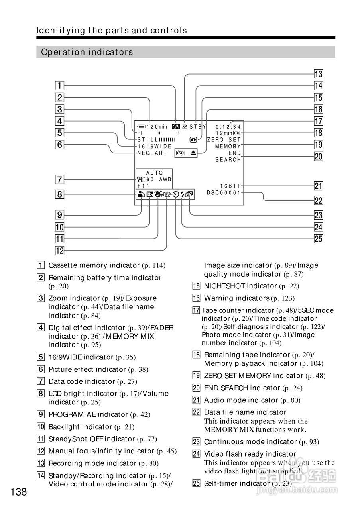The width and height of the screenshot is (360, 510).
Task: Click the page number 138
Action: coord(19,492)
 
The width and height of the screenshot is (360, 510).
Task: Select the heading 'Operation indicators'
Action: coord(87,52)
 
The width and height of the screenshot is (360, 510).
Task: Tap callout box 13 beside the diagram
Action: coord(318,74)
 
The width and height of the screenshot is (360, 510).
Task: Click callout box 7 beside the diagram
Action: coord(59,180)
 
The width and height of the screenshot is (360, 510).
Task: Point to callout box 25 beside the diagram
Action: coord(318,239)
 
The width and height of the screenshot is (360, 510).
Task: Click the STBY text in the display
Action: coord(197,127)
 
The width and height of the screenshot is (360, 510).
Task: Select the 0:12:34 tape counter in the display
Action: coord(228,127)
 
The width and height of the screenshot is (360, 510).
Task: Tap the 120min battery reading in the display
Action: coord(156,127)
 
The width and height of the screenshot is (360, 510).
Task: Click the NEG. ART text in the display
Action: coord(152,153)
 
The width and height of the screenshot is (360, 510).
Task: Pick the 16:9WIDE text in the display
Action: coord(154,147)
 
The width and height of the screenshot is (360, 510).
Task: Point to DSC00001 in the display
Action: coord(224,192)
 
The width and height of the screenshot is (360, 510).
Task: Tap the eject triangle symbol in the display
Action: coord(193,153)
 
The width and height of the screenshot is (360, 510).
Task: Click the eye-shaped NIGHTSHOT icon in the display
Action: coord(193,140)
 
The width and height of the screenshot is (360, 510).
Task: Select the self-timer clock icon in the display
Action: coord(176,195)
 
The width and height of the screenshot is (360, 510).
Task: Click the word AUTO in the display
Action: coord(155,173)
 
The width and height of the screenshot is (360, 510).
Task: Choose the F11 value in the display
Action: coord(143,186)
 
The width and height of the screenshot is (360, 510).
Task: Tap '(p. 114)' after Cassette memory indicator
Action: coord(153,265)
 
